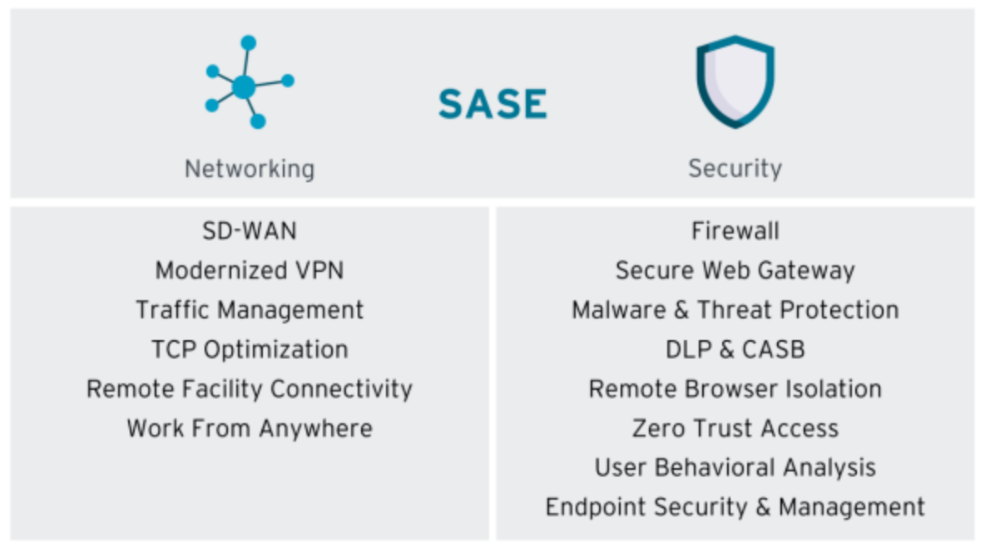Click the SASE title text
point(492,104)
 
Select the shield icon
point(735,81)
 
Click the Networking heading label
point(250,169)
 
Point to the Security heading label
point(735,169)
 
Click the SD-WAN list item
point(250,230)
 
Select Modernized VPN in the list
point(250,270)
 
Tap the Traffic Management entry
point(250,310)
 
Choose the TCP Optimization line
point(250,349)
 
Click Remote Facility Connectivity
point(250,389)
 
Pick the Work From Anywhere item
point(250,429)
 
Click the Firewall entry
point(735,230)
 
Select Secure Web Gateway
point(735,270)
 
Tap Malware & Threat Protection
point(735,310)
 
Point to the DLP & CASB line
point(735,349)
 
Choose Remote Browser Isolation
point(735,389)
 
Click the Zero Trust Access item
point(735,429)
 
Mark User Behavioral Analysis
point(735,467)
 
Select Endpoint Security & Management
point(735,507)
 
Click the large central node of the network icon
point(243,86)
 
